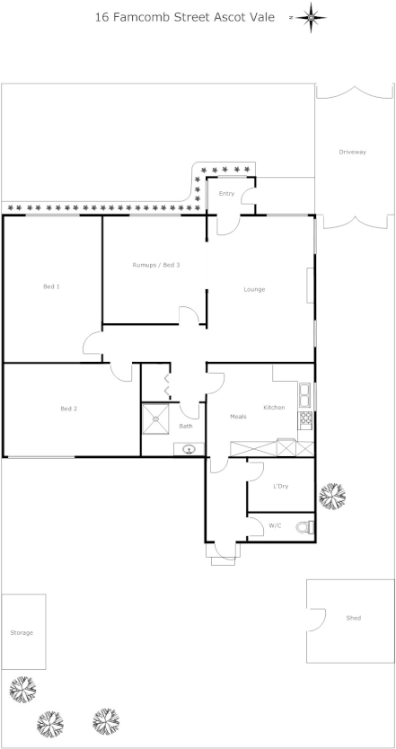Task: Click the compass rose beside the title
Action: coord(311,17)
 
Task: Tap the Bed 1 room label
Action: coord(52,286)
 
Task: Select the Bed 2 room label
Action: coord(68,409)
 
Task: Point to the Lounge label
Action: coord(255,289)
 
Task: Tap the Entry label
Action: coord(226,194)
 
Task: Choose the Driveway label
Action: coord(353,153)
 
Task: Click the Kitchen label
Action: coord(274,408)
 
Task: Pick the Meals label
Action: coord(238,417)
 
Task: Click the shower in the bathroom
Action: coord(158,419)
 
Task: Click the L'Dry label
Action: coord(280,487)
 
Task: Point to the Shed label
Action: coord(354,618)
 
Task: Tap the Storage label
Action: coord(22,633)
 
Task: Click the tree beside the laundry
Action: coord(332,497)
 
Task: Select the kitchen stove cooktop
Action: coord(305,419)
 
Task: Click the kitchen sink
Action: coord(305,394)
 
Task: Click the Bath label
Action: coord(186,427)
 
